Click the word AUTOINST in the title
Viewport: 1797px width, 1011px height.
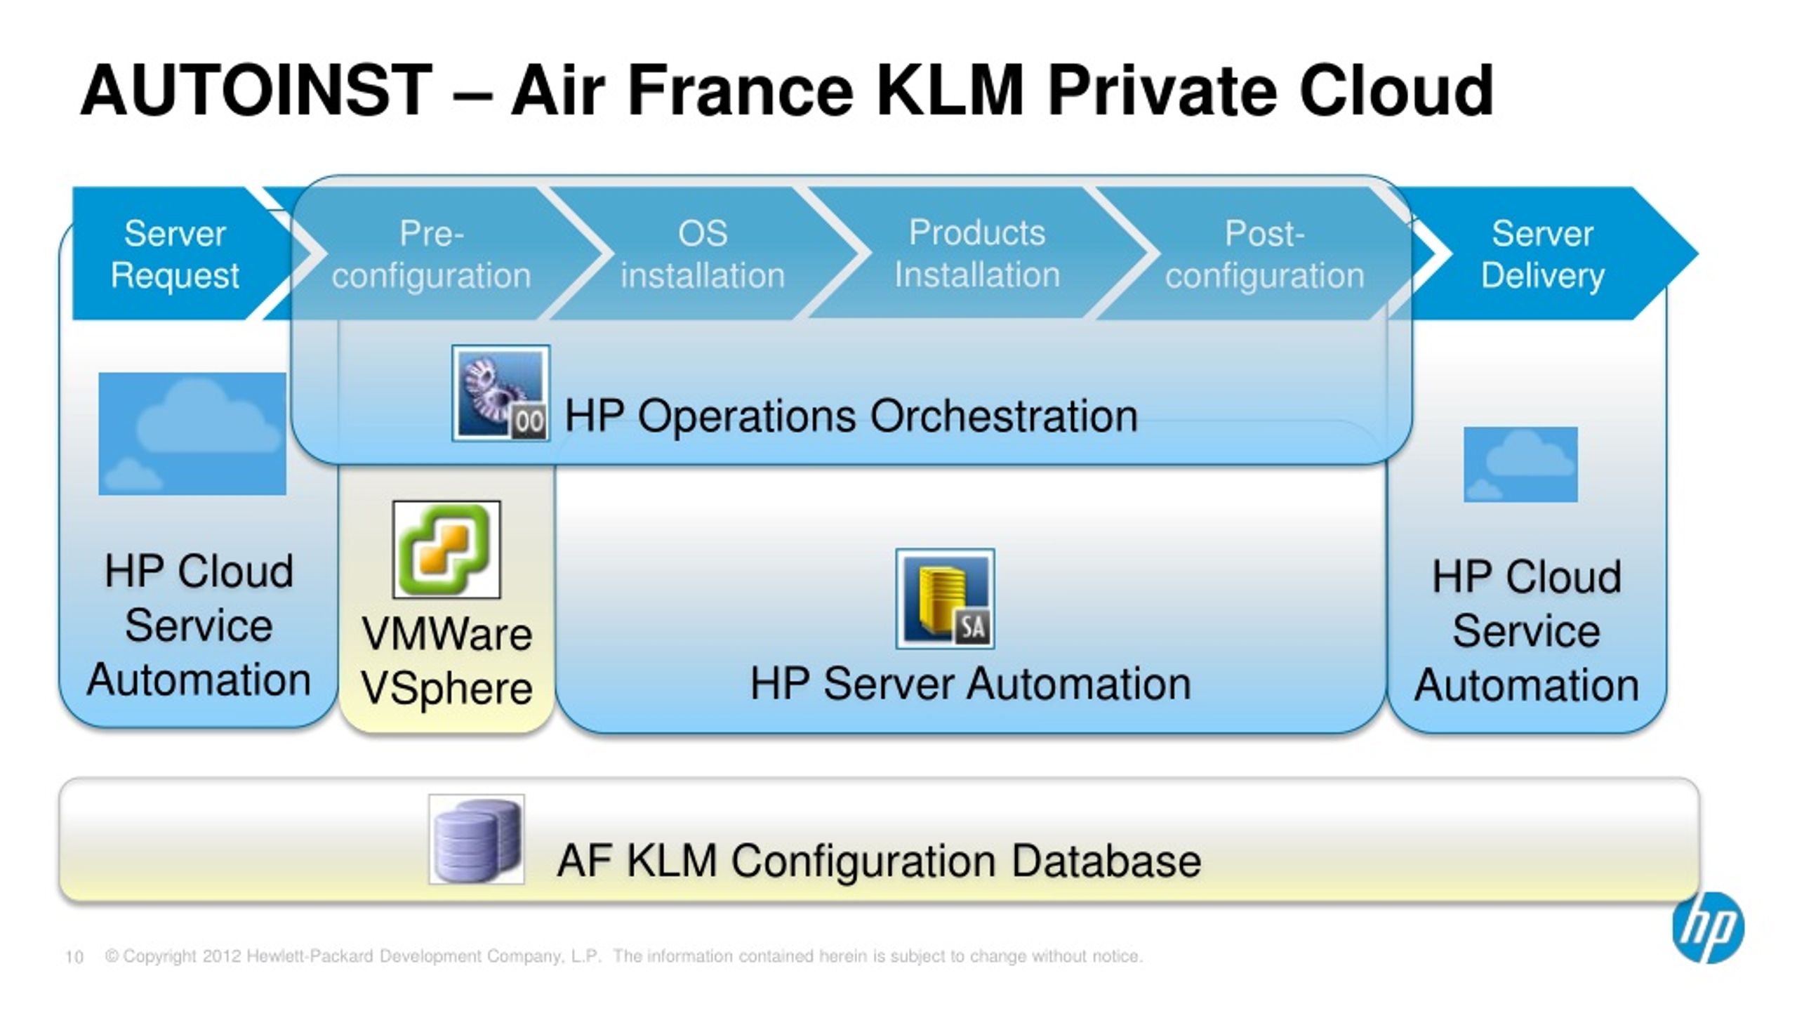coord(257,91)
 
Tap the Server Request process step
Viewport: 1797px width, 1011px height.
coord(175,253)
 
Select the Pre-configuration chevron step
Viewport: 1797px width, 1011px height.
coord(432,253)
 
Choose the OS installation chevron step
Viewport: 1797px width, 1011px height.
coord(702,253)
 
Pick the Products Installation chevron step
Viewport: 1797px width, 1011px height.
coord(977,253)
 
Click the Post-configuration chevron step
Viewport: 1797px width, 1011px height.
coord(1264,253)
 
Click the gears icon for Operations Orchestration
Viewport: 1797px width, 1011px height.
coord(500,393)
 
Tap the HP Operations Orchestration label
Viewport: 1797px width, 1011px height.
coord(851,416)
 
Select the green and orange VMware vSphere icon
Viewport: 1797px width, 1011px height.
coord(446,549)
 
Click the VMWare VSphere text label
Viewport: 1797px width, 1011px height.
coord(447,661)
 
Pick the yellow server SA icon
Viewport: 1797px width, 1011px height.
coord(945,598)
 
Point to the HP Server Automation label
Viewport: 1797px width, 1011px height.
coord(971,683)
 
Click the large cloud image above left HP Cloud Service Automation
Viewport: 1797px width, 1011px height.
coord(192,434)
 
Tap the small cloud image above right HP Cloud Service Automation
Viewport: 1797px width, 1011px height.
coord(1520,464)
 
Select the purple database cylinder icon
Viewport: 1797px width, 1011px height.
coord(477,839)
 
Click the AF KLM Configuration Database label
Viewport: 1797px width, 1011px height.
coord(879,861)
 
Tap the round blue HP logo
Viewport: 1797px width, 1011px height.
coord(1708,927)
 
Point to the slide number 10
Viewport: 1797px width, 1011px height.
coord(74,957)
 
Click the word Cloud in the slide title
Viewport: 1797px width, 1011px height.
coord(1397,91)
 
